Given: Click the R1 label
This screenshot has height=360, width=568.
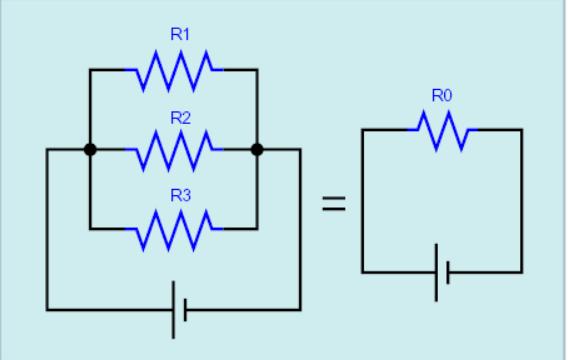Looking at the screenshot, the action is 180,34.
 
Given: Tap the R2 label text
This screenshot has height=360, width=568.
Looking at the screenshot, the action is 180,118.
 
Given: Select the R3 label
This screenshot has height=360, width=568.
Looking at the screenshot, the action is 180,196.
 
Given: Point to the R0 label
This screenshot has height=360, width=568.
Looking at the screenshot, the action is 442,96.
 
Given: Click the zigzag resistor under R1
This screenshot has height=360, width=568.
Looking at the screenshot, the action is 174,70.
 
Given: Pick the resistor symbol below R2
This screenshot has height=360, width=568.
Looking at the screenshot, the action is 174,149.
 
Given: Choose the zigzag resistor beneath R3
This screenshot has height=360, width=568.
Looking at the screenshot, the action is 174,229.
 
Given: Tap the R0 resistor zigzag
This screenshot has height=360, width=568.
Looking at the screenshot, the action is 443,130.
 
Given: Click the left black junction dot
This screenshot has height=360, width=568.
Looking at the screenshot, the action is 90,149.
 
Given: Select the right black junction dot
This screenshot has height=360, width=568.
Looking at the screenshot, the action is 257,149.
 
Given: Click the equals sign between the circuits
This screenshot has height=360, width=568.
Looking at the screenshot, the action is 334,203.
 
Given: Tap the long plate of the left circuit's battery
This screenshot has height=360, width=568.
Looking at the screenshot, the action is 174,310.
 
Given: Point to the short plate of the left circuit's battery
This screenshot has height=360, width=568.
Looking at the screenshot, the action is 185,310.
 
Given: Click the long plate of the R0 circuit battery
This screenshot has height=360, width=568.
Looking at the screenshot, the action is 436,272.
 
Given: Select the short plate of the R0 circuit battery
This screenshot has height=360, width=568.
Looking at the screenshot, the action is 448,272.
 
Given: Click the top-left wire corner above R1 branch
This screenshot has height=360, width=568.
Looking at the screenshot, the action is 90,69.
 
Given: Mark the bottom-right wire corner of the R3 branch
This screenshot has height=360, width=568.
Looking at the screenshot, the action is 257,229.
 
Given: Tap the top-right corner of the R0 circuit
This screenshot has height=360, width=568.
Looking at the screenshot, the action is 522,129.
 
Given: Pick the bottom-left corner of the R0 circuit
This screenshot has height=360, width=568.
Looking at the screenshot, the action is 362,272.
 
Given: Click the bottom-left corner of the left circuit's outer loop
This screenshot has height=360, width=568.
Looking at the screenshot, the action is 47,310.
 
